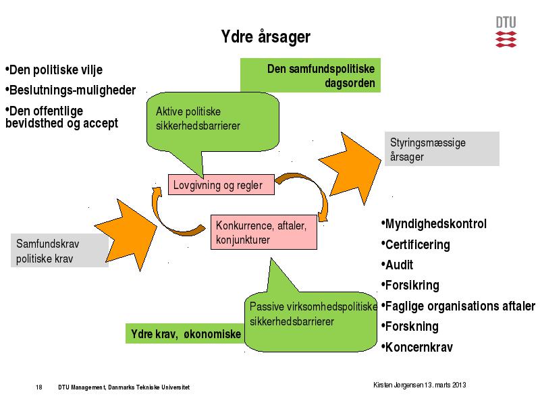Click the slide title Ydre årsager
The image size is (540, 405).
pyautogui.click(x=265, y=37)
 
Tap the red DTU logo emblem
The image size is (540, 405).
pyautogui.click(x=506, y=39)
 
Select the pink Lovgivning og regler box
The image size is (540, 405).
pyautogui.click(x=221, y=185)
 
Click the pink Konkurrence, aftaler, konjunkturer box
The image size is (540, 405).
pyautogui.click(x=264, y=232)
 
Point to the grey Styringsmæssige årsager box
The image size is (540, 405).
pyautogui.click(x=442, y=148)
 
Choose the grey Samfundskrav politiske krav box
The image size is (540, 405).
pyautogui.click(x=59, y=250)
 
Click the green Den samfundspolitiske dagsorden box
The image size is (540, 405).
pyautogui.click(x=310, y=75)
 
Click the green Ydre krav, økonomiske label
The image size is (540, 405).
pyautogui.click(x=185, y=333)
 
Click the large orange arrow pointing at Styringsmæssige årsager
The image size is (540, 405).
pyautogui.click(x=350, y=169)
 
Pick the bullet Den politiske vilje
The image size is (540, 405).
pyautogui.click(x=54, y=70)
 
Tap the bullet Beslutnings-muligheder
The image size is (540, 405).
pyautogui.click(x=71, y=90)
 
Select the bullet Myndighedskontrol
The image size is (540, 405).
pyautogui.click(x=434, y=224)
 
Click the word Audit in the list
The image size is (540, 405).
pyautogui.click(x=399, y=265)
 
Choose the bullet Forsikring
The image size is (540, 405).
pyautogui.click(x=410, y=286)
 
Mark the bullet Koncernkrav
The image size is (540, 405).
pyautogui.click(x=417, y=347)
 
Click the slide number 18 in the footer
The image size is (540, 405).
pyautogui.click(x=39, y=387)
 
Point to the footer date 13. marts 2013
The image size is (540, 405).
pyautogui.click(x=446, y=385)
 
